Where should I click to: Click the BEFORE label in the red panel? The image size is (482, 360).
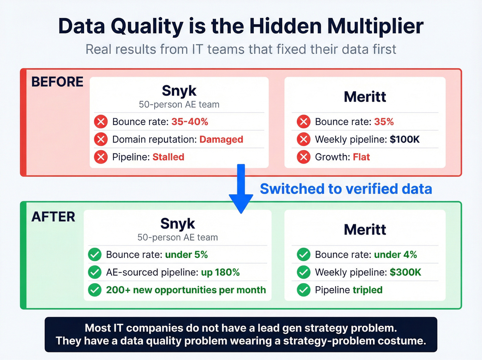point(57,82)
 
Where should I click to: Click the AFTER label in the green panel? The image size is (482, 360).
point(53,217)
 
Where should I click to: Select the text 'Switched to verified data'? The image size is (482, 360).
point(346,189)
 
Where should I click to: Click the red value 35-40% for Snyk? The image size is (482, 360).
point(190,122)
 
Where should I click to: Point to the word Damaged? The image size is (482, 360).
point(221,140)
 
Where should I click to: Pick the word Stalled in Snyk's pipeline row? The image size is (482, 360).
point(168,157)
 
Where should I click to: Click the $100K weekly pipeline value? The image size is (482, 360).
point(405,140)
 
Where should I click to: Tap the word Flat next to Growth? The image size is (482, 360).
point(361,157)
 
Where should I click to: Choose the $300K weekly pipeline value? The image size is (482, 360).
point(405,272)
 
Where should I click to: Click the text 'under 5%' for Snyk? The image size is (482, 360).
point(186,255)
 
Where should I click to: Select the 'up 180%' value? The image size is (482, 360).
point(220,272)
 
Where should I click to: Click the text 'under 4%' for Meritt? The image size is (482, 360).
point(395,255)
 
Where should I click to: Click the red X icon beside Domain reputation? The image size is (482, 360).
point(101,140)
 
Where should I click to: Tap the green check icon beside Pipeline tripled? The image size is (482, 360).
point(304,290)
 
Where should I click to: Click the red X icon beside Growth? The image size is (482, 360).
point(304,157)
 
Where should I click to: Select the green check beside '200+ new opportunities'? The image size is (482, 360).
point(95,290)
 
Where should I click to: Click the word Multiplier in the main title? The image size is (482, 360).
point(375,26)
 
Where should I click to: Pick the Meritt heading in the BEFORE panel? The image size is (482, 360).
point(365,97)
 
